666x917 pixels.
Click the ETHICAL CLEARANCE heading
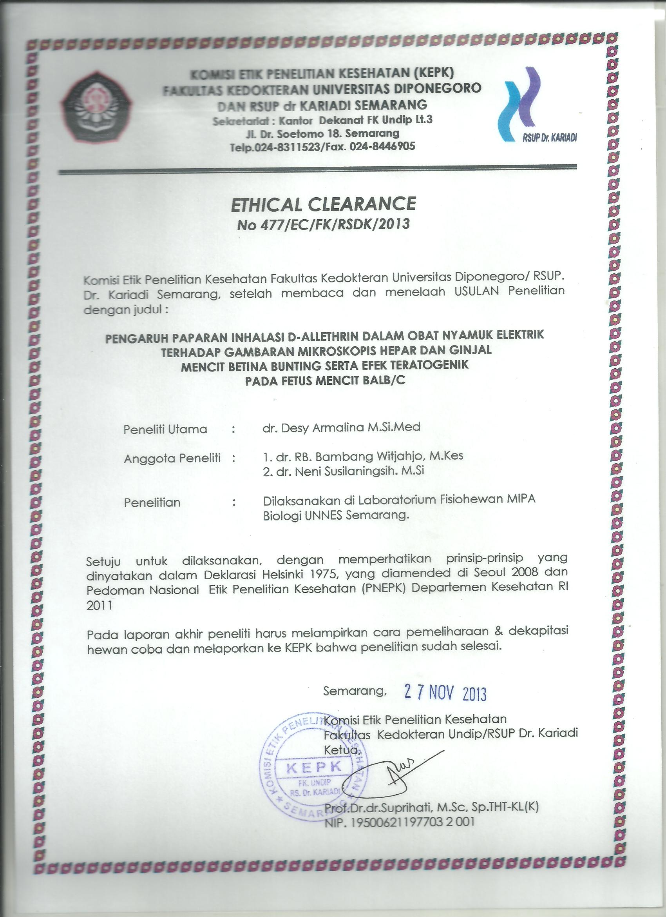click(x=323, y=204)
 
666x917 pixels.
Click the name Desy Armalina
click(x=322, y=427)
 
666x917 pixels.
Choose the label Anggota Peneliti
click(x=172, y=458)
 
